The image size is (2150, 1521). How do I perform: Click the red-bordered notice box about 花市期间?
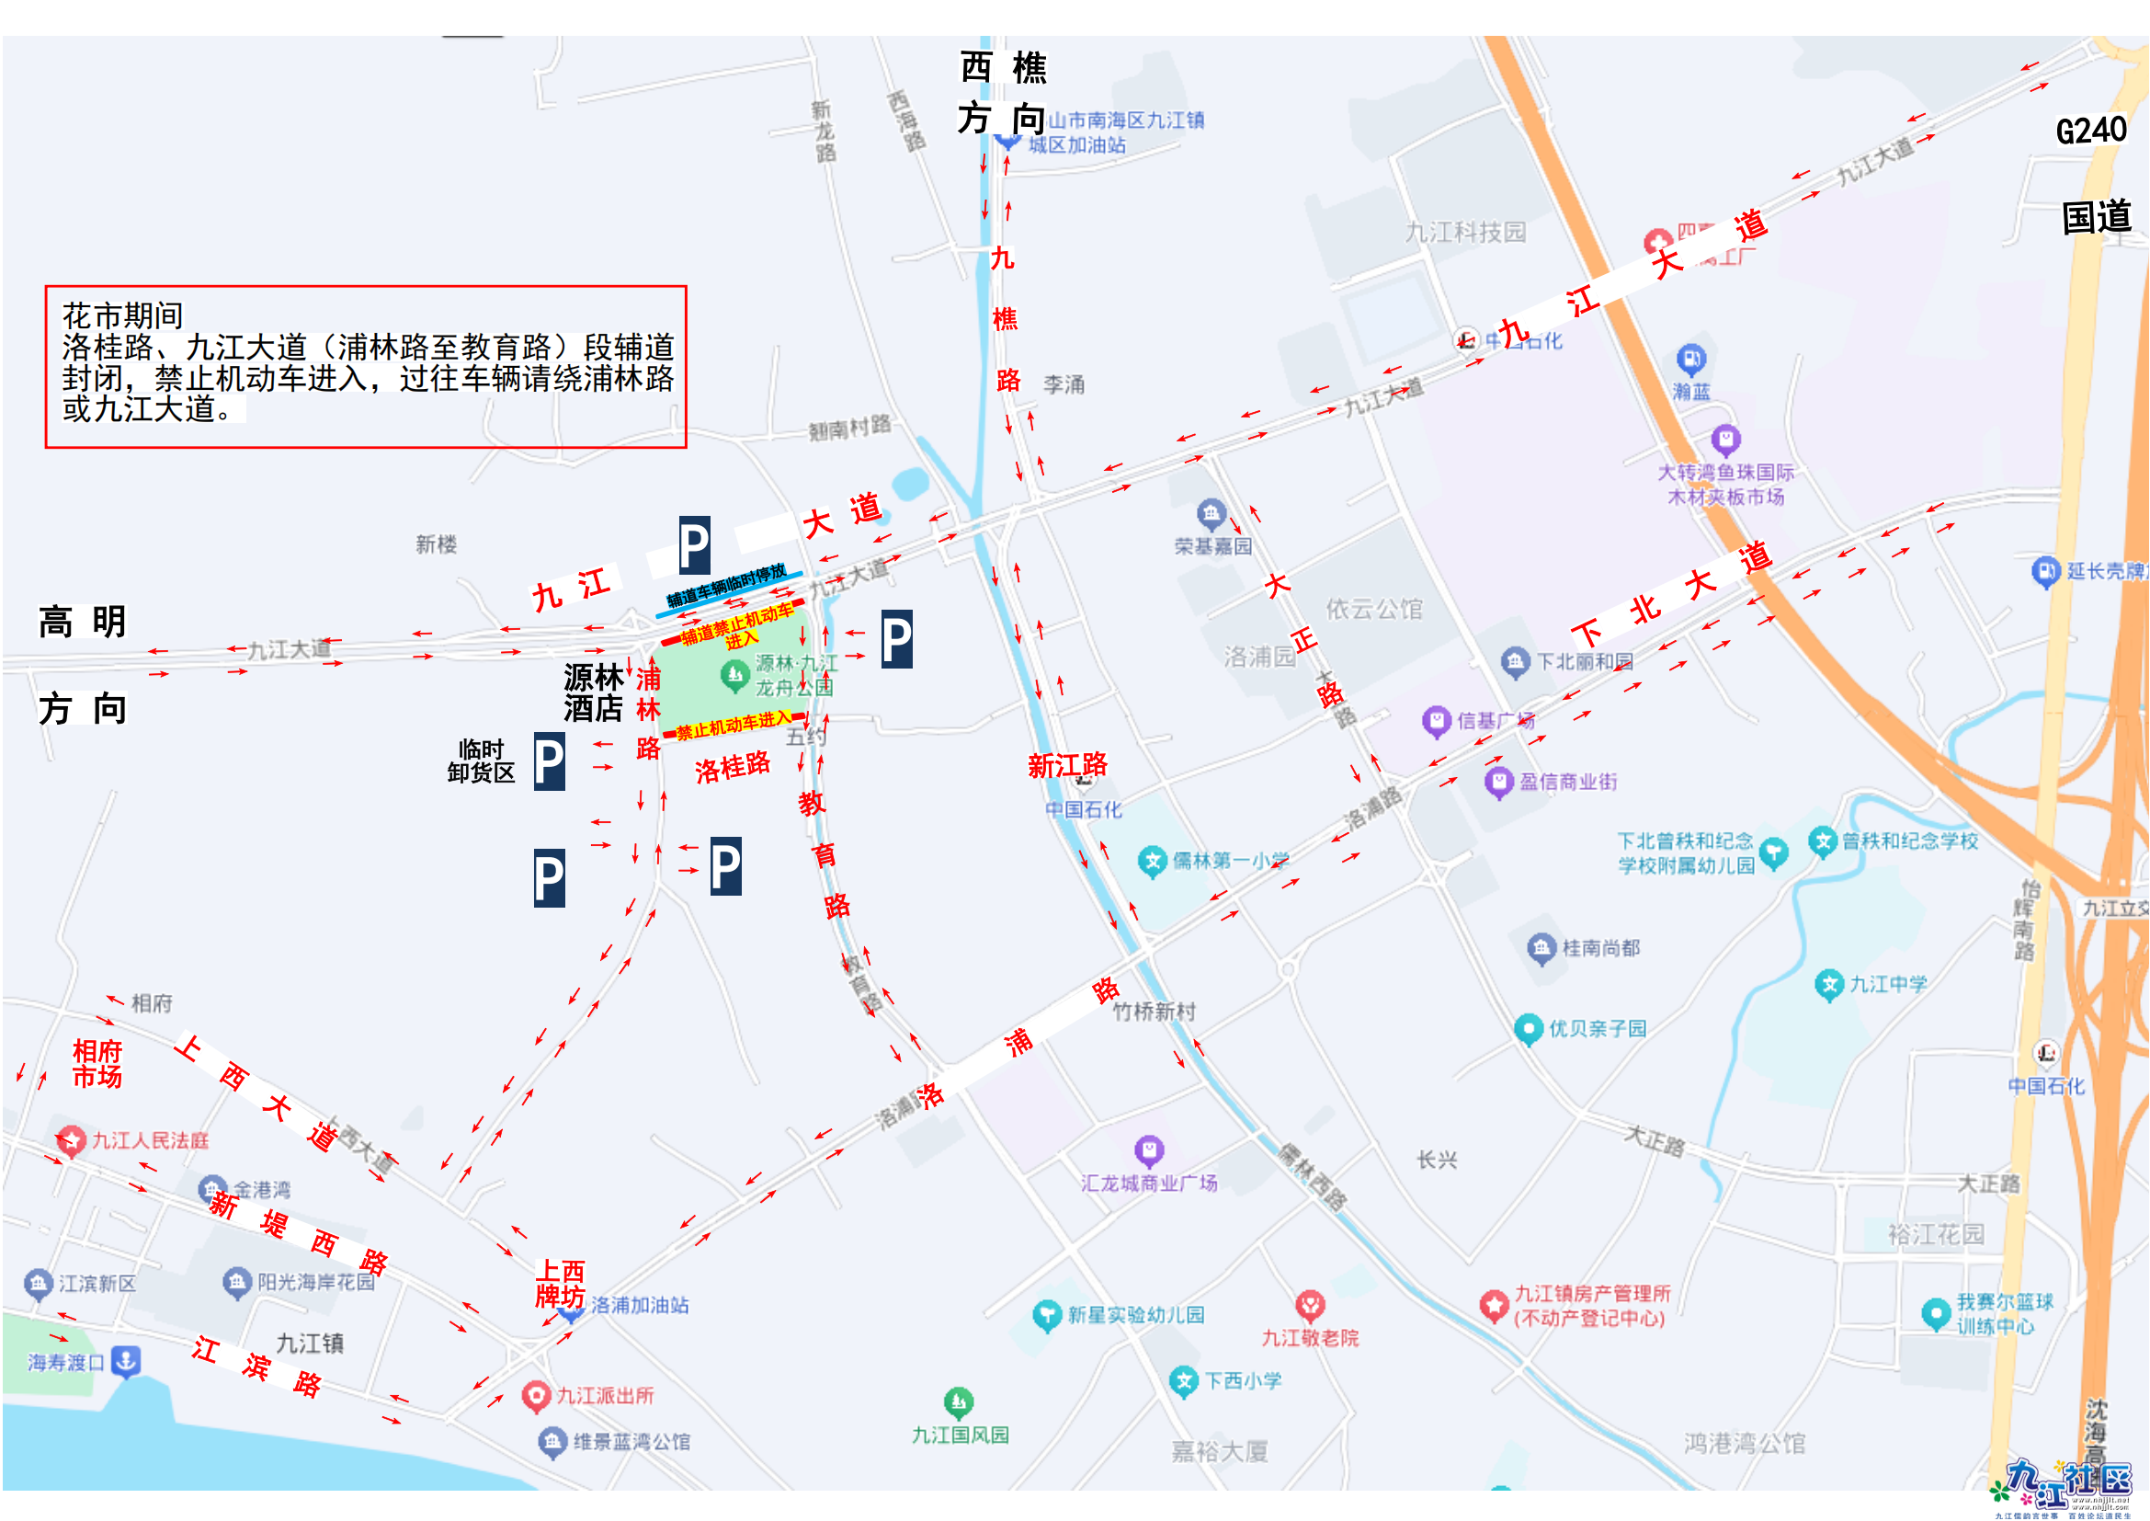(365, 366)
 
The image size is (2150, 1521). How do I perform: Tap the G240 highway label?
(2090, 131)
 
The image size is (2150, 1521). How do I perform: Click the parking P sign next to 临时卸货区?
(549, 761)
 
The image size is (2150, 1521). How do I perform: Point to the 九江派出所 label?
(604, 1396)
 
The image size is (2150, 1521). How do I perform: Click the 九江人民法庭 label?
(150, 1139)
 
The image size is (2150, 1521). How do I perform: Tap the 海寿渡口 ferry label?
(65, 1362)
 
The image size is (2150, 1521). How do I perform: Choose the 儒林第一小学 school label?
(1230, 860)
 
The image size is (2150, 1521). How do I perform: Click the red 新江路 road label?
(1066, 765)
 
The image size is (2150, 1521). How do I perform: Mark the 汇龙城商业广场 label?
(1149, 1182)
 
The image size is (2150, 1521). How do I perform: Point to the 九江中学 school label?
(1887, 983)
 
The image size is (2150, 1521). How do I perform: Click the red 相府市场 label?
(97, 1063)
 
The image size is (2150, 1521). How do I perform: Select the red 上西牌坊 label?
(560, 1283)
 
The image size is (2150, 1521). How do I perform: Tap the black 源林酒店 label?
(593, 692)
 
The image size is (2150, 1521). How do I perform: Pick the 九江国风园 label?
(960, 1434)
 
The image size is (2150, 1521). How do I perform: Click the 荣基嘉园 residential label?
(1212, 545)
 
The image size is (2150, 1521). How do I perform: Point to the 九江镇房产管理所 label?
(1591, 1305)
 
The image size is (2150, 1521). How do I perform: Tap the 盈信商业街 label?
(1566, 781)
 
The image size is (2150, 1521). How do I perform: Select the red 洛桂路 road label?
(733, 767)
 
